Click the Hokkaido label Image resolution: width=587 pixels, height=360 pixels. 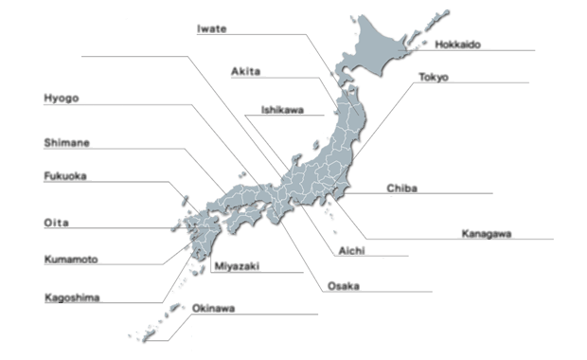458,44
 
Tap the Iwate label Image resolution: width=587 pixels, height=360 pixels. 211,28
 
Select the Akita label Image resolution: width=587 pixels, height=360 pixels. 246,71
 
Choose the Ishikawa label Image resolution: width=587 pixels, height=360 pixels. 282,109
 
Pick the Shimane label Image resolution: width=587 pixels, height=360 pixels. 67,143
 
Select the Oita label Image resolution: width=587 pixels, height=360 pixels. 56,223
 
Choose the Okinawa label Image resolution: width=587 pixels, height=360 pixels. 214,308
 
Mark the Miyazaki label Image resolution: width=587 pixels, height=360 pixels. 236,266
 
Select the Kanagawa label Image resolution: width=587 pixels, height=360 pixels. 487,233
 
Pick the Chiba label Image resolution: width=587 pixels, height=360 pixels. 402,188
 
